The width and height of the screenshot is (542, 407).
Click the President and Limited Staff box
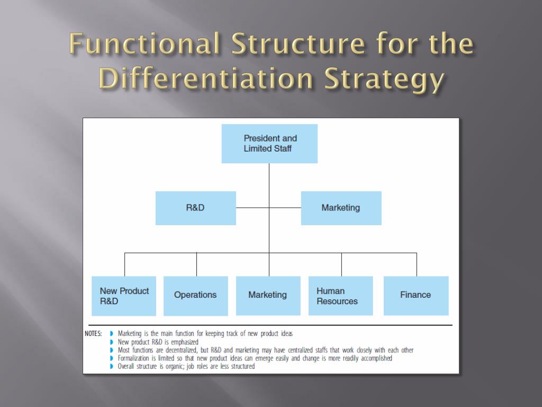pos(269,144)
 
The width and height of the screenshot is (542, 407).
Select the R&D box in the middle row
pos(195,208)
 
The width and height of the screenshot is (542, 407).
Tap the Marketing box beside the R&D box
pos(341,208)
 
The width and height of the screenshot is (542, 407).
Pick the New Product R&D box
pos(124,296)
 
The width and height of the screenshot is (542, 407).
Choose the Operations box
pos(195,295)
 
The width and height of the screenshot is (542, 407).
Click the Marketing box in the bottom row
pos(268,295)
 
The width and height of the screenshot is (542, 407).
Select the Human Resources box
pos(340,296)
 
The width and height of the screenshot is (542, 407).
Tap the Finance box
pos(416,295)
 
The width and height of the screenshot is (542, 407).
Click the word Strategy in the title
pos(384,79)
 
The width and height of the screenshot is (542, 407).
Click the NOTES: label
pos(93,334)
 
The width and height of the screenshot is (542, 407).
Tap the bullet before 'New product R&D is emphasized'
pos(112,342)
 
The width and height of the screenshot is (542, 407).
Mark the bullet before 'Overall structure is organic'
pos(112,366)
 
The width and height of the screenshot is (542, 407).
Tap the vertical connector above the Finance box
pos(417,264)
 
